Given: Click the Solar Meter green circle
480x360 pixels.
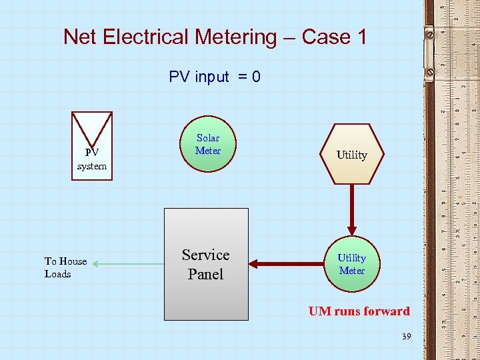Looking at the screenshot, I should coord(208,145).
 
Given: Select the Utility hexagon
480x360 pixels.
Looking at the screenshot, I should coord(351,155).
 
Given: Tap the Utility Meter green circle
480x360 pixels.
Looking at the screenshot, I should coord(351,264).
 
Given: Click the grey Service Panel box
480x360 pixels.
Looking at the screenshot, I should coord(207,264).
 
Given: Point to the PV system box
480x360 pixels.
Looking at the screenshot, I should coord(92,146).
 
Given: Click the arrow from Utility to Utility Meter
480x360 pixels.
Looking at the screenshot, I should coord(351,209).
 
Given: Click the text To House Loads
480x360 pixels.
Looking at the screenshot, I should coord(65,267).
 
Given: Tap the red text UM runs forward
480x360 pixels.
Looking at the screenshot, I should coord(359,311).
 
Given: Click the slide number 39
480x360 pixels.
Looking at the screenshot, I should coord(406,337).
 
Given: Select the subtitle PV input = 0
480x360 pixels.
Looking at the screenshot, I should coord(215,77).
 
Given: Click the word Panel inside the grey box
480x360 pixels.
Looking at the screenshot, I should coord(205,274).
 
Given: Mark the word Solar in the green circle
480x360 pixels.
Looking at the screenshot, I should coord(208,139).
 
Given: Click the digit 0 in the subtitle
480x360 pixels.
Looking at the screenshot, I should coord(256,77).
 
